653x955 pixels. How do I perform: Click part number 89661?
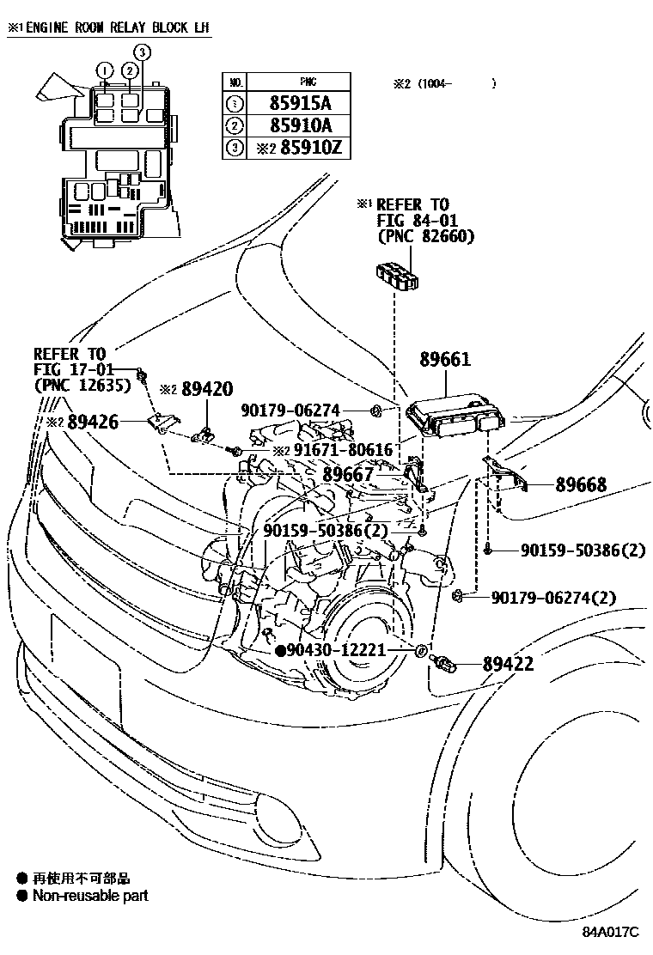point(445,359)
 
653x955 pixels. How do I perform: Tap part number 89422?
point(508,664)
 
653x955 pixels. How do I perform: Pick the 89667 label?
point(349,474)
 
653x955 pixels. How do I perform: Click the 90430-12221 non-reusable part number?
point(338,651)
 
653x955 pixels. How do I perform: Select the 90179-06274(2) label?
point(565,597)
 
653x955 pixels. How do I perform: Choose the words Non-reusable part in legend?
point(90,896)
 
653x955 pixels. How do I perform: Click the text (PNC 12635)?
point(82,386)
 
